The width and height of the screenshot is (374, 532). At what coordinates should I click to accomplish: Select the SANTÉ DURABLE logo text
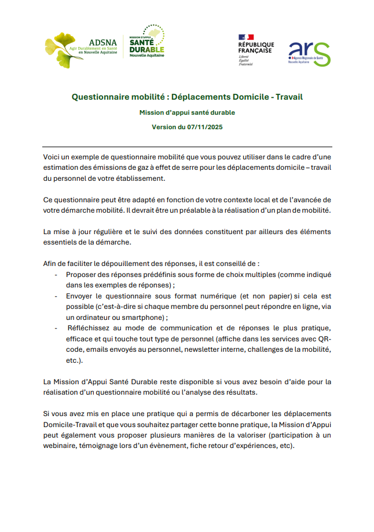[x=146, y=46]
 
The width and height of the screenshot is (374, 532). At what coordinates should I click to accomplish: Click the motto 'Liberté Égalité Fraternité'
[x=246, y=60]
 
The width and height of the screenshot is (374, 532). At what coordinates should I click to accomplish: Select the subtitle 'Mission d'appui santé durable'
[x=187, y=112]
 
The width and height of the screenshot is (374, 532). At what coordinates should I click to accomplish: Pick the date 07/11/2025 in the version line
[x=204, y=127]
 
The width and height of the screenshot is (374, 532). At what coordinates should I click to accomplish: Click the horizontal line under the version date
[x=187, y=147]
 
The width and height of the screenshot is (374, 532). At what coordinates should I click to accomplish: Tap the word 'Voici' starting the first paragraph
[x=53, y=158]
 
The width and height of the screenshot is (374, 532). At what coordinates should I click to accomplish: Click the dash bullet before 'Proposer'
[x=56, y=274]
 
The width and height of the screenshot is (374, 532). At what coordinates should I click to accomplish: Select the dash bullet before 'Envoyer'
[x=56, y=296]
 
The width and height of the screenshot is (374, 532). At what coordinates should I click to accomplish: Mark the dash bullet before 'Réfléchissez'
[x=56, y=328]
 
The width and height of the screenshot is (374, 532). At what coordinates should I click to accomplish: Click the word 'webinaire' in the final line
[x=62, y=446]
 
